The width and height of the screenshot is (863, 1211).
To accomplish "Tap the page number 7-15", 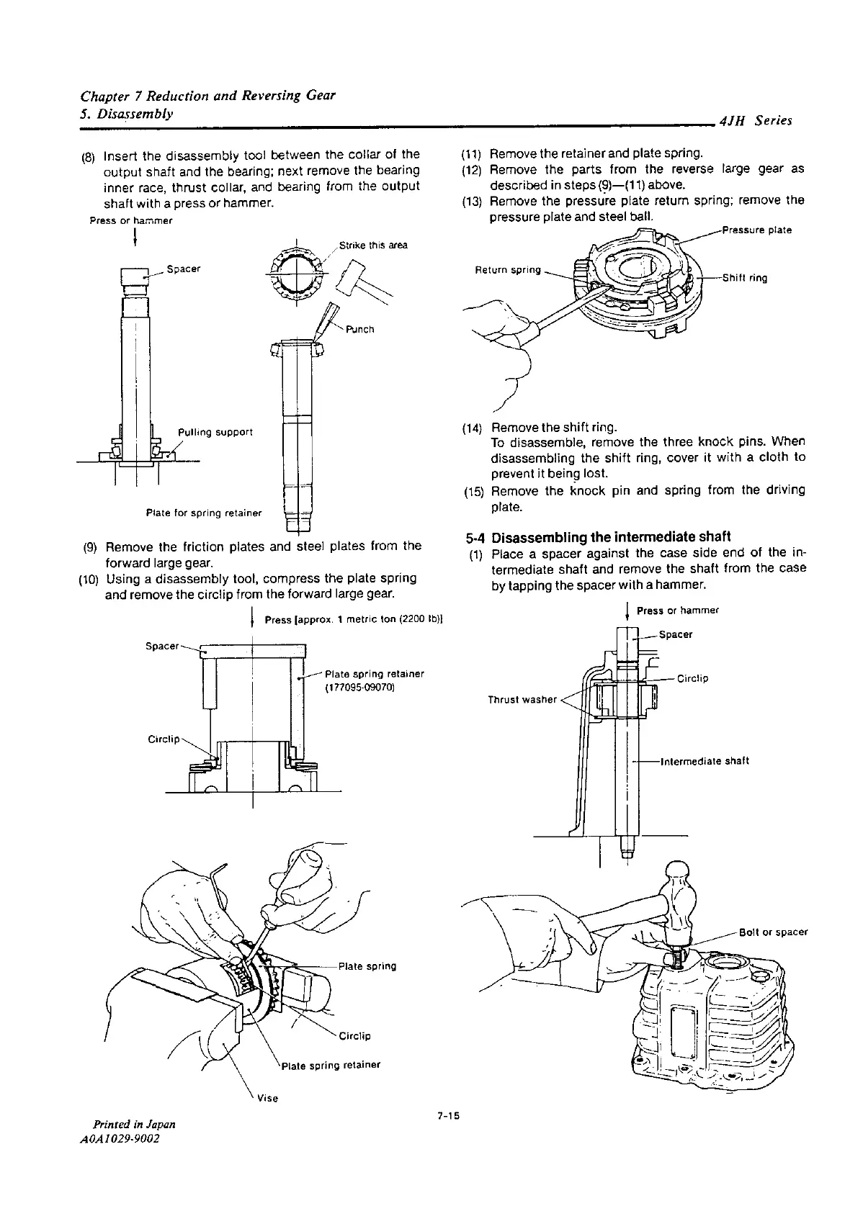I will (447, 1117).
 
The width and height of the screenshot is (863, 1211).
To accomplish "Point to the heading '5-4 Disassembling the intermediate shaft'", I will (598, 537).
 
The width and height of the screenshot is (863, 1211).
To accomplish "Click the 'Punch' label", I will (359, 330).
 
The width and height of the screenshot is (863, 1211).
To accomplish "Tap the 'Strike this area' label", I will (373, 246).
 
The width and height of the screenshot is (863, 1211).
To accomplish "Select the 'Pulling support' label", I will (215, 433).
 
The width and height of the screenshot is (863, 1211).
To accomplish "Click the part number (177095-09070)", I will (361, 688).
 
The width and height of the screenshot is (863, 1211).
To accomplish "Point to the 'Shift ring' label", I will (744, 279).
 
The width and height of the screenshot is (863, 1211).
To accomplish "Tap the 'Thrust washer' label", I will (522, 699).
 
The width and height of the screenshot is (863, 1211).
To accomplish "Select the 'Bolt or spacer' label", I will (773, 932).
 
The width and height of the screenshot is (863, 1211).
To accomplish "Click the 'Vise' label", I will (268, 1099).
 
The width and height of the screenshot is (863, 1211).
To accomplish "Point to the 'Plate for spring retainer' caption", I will (203, 513).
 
